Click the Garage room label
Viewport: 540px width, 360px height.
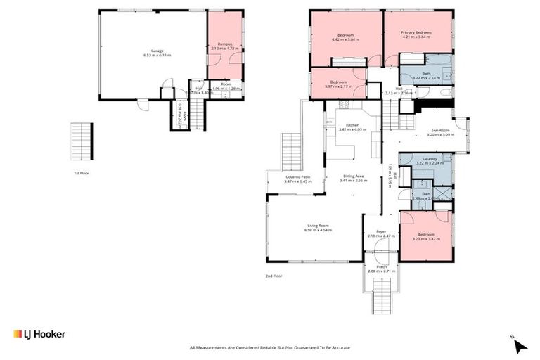(x=157, y=53)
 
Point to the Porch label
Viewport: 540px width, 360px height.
(x=381, y=268)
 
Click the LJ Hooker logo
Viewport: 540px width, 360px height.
(x=39, y=334)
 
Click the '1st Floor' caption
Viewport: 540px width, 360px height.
(x=82, y=173)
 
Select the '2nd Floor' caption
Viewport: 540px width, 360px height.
(x=274, y=276)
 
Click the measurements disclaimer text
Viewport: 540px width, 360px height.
(x=269, y=347)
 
